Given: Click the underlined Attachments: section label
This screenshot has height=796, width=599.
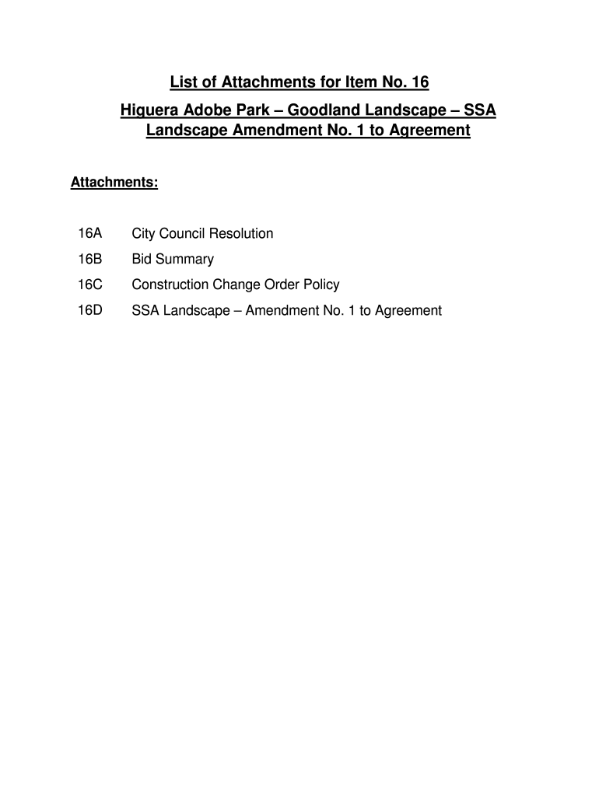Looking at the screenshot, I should tap(114, 183).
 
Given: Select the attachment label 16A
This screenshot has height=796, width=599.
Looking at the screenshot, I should tap(90, 233).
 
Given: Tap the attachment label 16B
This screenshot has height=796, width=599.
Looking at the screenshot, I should tap(90, 259).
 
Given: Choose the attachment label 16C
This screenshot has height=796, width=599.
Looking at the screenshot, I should tap(90, 285).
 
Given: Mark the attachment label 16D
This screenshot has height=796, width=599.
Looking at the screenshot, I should tap(90, 311).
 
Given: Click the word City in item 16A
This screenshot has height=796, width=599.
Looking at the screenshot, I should tap(145, 233).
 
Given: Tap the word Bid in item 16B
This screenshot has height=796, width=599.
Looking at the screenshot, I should tap(143, 259).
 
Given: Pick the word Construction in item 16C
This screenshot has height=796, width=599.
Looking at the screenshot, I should tap(170, 285).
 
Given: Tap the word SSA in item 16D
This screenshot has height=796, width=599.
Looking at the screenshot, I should tap(145, 311).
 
